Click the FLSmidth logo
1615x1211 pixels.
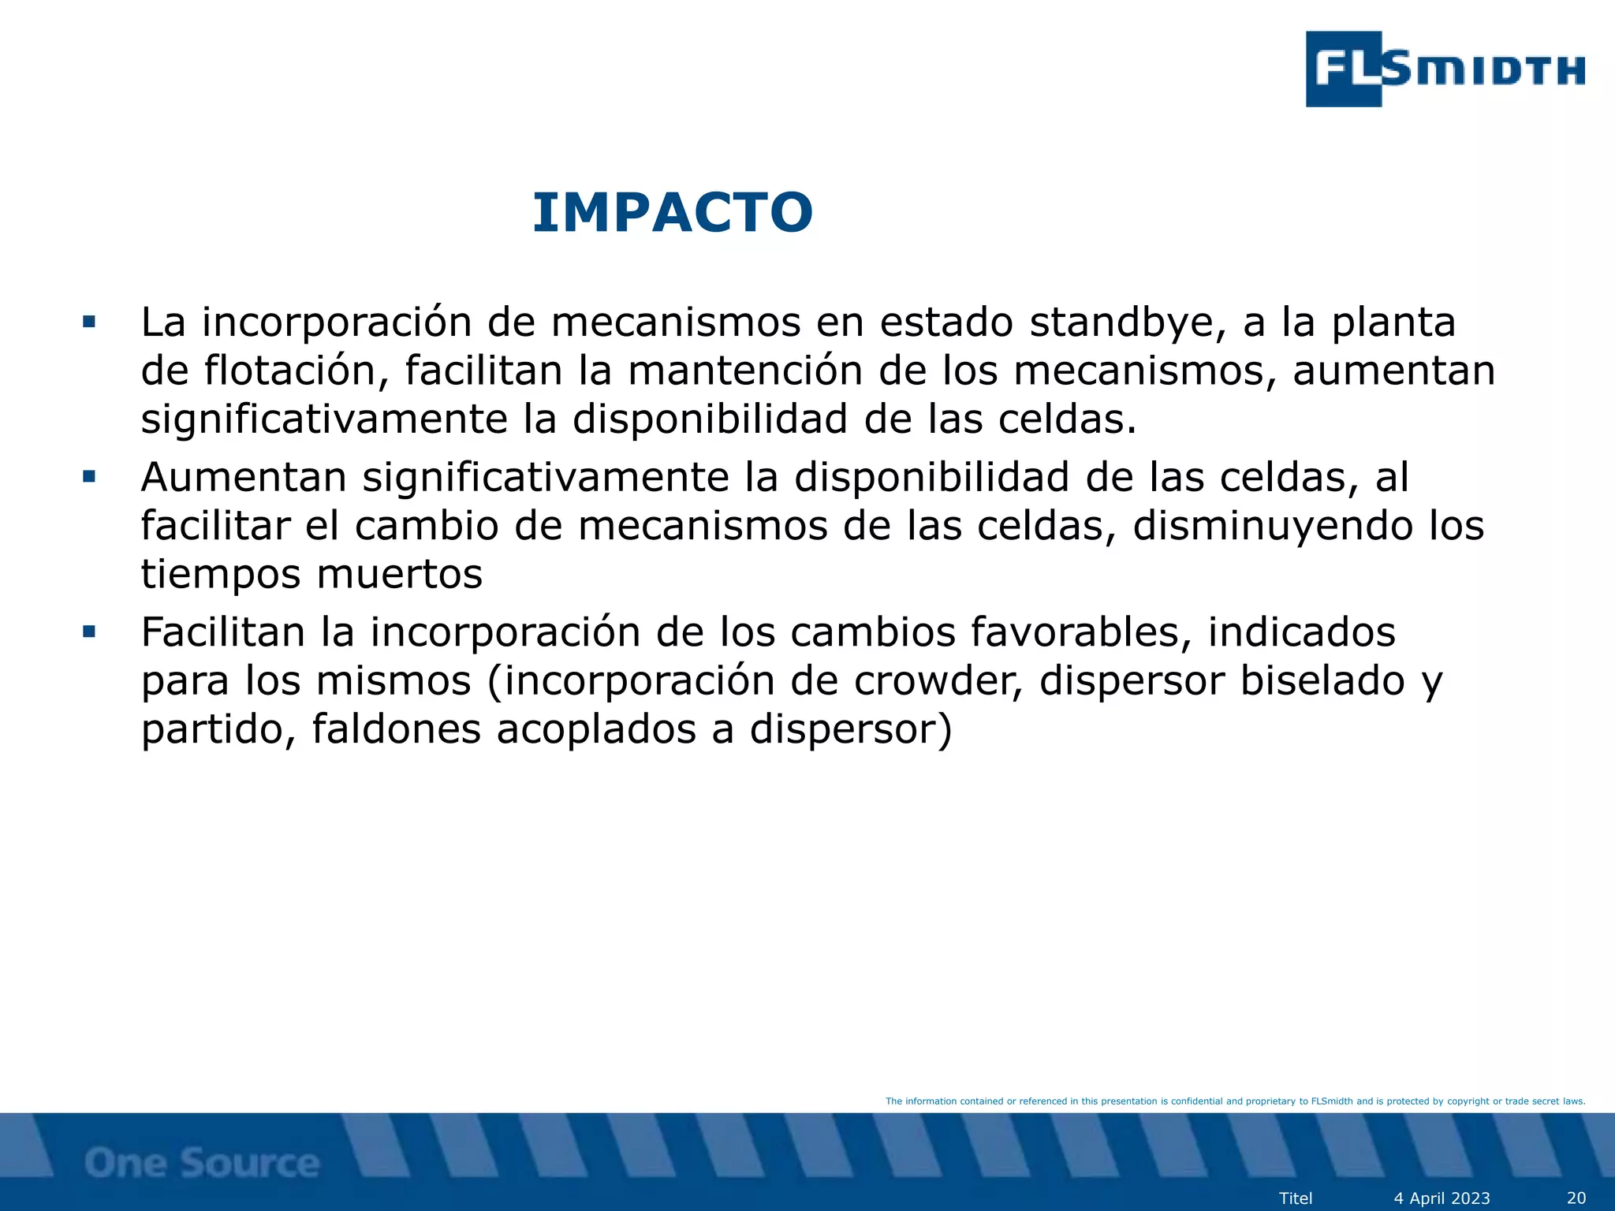(x=1445, y=69)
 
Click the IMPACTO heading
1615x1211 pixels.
(x=673, y=214)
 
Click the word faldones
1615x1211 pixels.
(x=396, y=729)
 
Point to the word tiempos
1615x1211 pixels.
(x=221, y=574)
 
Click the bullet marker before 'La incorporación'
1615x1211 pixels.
(x=89, y=322)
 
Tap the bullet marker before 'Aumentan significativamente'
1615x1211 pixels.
(x=89, y=477)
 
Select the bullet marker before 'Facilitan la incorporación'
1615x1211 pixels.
(x=89, y=632)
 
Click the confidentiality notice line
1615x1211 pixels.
(x=1235, y=1101)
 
